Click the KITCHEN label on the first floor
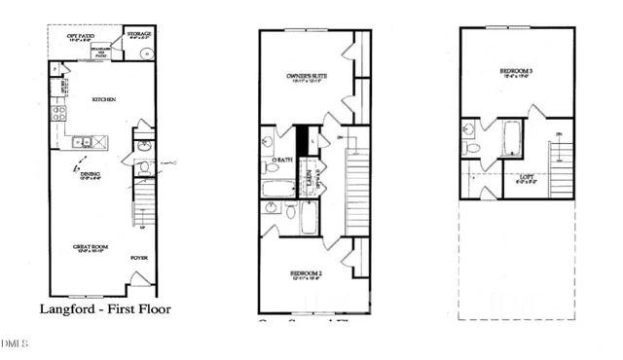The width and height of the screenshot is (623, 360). pos(104,99)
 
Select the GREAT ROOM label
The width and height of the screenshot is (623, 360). pos(90,247)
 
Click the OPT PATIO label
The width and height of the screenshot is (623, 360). pos(80,36)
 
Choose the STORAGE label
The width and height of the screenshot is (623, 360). pos(140,34)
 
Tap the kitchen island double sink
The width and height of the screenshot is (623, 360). pos(84,142)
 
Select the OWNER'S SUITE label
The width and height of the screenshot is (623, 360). pos(304,75)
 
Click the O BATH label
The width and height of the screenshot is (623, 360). pos(282,159)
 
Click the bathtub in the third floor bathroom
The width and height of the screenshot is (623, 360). pos(512,138)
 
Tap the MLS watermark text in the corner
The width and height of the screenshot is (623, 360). pos(15,342)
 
